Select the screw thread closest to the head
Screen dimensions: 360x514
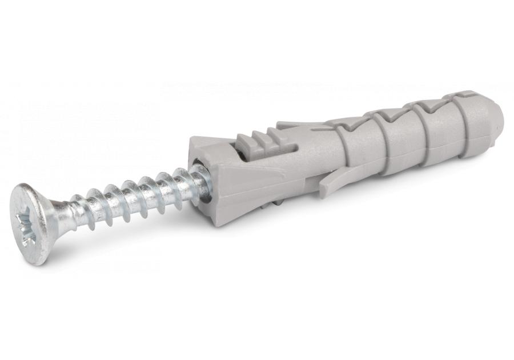[x=80, y=213]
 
